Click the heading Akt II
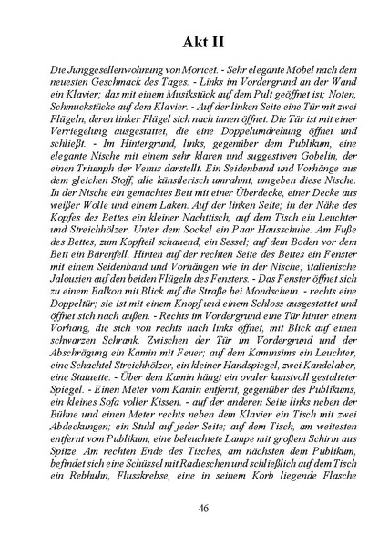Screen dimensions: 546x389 (193, 42)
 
